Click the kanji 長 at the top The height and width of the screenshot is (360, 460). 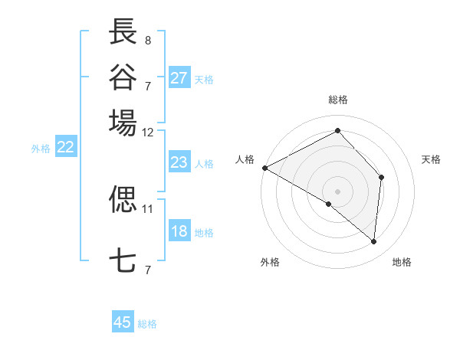123,31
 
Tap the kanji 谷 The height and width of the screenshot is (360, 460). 123,76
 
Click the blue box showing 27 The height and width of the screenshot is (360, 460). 179,78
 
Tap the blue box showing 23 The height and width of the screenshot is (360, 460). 179,162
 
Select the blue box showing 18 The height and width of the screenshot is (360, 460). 179,231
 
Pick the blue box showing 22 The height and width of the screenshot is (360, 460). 66,148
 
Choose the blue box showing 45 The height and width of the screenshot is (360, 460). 123,322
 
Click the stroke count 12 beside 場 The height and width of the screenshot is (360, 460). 148,132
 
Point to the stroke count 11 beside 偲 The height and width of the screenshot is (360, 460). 148,208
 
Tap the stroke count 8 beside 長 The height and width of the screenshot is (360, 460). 148,39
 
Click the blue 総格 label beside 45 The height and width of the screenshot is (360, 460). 147,324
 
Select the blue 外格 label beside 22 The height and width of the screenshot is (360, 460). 41,149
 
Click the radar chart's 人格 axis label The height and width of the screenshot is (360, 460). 245,159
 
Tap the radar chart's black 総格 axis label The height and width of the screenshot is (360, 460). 337,100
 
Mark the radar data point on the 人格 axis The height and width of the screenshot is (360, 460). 264,168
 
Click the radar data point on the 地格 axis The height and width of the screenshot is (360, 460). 374,242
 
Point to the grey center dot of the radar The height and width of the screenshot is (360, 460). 337,190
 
